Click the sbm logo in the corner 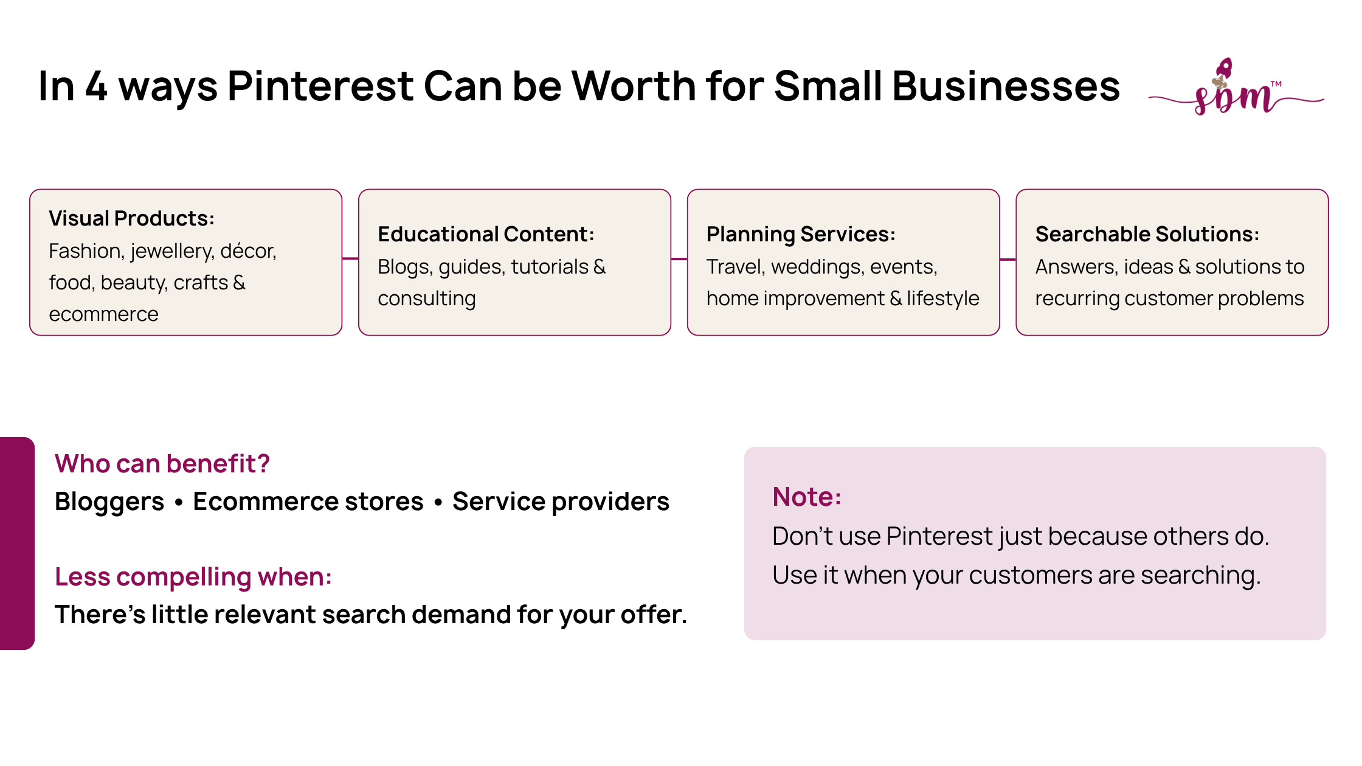pyautogui.click(x=1236, y=88)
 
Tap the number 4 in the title pyautogui.click(x=96, y=86)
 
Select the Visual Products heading pyautogui.click(x=131, y=218)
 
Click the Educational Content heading pyautogui.click(x=486, y=234)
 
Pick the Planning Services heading pyautogui.click(x=801, y=235)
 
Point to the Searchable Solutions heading pyautogui.click(x=1147, y=234)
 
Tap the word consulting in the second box pyautogui.click(x=427, y=298)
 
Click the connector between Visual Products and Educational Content pyautogui.click(x=350, y=258)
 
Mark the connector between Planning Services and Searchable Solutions pyautogui.click(x=1008, y=260)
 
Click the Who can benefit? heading pyautogui.click(x=162, y=463)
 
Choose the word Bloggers pyautogui.click(x=109, y=502)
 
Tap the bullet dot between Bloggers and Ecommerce pyautogui.click(x=179, y=503)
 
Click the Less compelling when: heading pyautogui.click(x=193, y=577)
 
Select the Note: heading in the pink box pyautogui.click(x=807, y=497)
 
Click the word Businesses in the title pyautogui.click(x=1006, y=86)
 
